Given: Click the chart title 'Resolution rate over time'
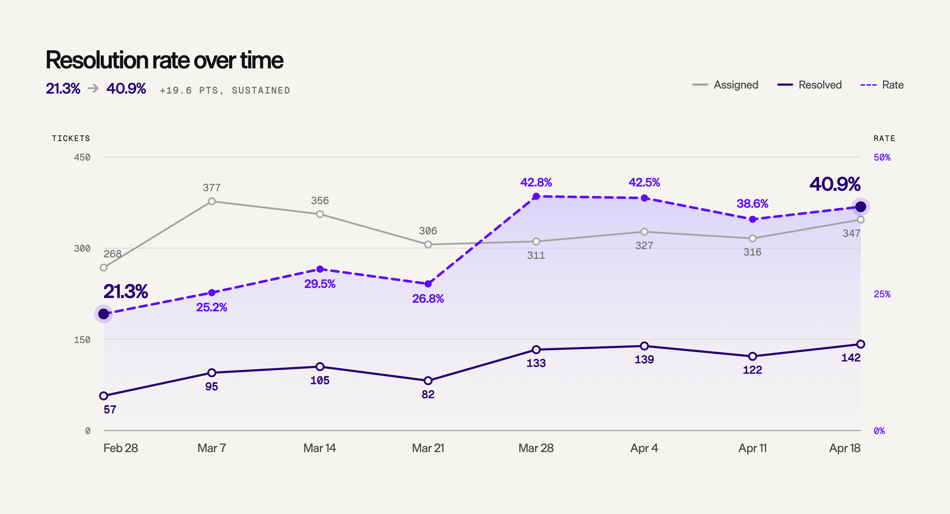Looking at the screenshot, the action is [x=164, y=60].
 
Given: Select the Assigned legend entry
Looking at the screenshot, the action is [x=725, y=85].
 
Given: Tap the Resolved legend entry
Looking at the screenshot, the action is [x=810, y=85].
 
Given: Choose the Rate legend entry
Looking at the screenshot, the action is [x=882, y=85].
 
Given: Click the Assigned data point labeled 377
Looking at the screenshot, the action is [x=212, y=202].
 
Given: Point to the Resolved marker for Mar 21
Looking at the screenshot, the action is [x=428, y=380].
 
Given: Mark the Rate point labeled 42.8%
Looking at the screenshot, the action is [x=536, y=196].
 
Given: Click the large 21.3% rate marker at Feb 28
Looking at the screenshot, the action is [x=104, y=314].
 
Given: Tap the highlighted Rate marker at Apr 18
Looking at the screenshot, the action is [x=861, y=207].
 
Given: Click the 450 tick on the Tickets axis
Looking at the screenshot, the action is [x=82, y=158].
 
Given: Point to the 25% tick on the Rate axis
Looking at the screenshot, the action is [x=882, y=294].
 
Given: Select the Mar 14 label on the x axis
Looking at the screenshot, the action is [x=320, y=448].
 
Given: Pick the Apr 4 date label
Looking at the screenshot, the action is [x=644, y=448].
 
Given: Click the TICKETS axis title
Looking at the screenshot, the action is [x=71, y=138].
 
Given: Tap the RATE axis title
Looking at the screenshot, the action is [x=885, y=138].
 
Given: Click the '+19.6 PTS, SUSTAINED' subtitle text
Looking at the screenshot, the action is [x=225, y=91].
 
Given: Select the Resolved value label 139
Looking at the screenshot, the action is [x=644, y=359].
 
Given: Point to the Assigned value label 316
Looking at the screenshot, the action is [x=752, y=252].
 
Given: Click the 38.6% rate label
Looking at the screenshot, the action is [x=752, y=204].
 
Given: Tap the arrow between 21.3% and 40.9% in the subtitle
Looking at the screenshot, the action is [x=93, y=88].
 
